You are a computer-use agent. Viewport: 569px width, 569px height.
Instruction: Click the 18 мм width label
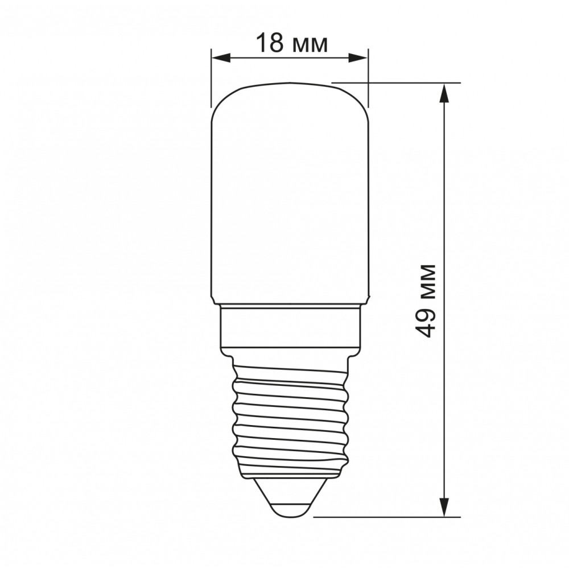coord(292,43)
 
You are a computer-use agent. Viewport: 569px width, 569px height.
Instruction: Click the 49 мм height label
coord(425,301)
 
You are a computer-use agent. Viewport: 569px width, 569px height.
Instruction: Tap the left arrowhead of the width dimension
coord(221,58)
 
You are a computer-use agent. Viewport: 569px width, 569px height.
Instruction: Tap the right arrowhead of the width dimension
coord(358,58)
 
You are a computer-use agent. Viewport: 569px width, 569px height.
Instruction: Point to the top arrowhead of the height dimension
coord(444,93)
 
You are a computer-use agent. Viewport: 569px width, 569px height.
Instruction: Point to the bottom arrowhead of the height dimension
coord(444,506)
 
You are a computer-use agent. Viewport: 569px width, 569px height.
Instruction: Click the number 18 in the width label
coord(270,43)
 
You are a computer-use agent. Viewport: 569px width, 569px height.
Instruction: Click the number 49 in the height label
coord(425,324)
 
